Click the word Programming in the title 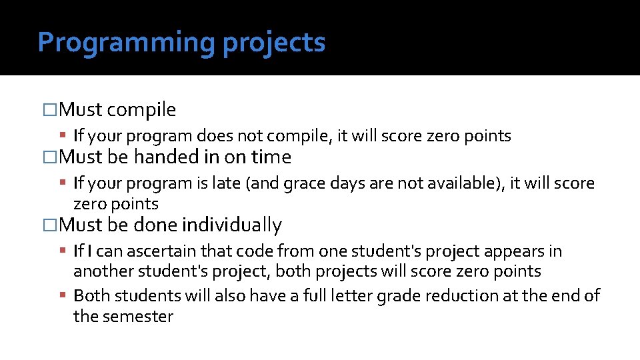coord(127,43)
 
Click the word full coord(317,295)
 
